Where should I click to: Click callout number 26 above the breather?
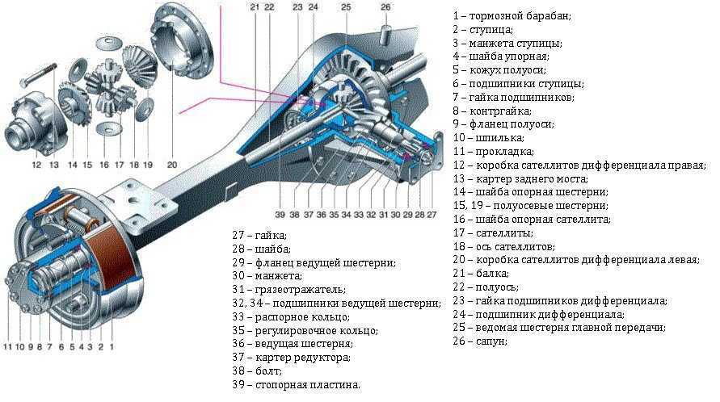(385, 7)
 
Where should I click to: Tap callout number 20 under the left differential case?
(172, 165)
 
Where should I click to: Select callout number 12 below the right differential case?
(36, 165)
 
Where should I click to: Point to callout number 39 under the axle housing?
(279, 216)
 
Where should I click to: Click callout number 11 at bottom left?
(9, 348)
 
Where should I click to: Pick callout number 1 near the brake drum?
(111, 348)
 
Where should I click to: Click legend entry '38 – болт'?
(257, 371)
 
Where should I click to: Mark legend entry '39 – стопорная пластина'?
(296, 385)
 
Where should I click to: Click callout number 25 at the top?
(345, 7)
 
